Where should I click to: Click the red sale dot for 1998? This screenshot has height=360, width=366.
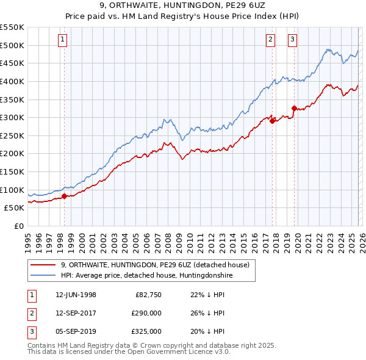tap(64, 196)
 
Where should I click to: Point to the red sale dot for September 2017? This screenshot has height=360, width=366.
tap(272, 121)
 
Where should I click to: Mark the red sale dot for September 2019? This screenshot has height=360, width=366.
tap(293, 109)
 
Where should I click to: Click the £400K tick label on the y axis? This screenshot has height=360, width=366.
tap(12, 81)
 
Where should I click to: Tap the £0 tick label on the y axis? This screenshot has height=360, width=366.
tap(18, 226)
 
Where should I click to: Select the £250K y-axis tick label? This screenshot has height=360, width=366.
tap(12, 135)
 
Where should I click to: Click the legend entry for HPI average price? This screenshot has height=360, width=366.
tap(147, 276)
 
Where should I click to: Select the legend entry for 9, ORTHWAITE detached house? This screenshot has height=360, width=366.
tap(155, 265)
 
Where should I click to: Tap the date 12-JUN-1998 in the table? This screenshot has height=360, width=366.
tap(76, 295)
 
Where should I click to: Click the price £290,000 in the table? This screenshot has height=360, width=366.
tap(146, 314)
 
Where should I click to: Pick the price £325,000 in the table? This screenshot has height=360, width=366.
tap(146, 331)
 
